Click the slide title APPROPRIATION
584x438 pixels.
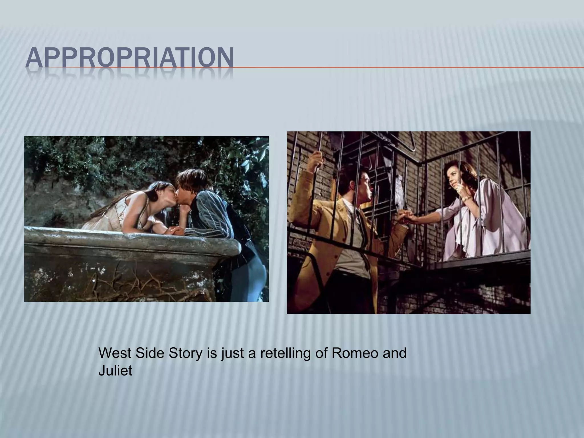tap(129, 59)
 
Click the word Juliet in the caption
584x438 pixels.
tap(115, 371)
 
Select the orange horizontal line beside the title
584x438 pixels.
tap(399, 68)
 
